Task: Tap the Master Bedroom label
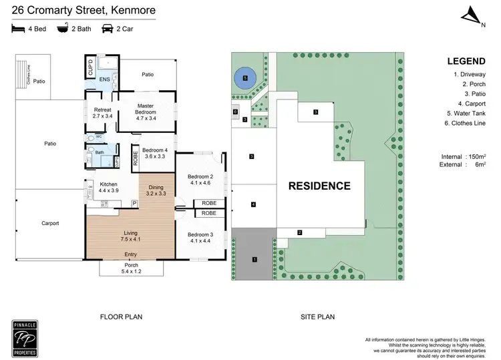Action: [x=146, y=110]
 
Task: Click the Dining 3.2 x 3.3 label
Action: [x=156, y=190]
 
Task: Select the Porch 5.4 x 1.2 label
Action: [x=131, y=268]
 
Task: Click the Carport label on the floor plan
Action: [x=50, y=223]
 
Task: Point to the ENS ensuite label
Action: [x=105, y=81]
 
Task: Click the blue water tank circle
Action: [x=245, y=78]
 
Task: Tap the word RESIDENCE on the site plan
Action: [x=319, y=186]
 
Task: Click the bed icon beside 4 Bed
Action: [x=17, y=29]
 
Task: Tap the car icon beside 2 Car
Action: [x=106, y=29]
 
